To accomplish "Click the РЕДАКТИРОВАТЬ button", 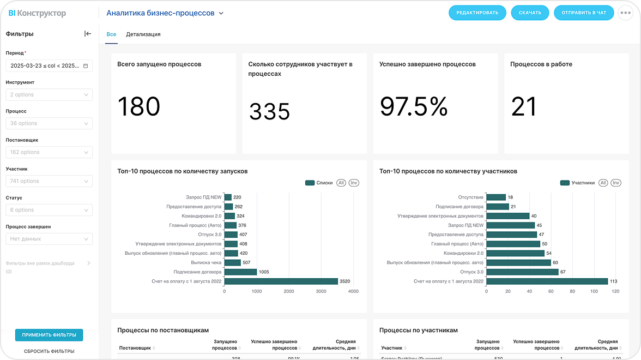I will [x=477, y=13].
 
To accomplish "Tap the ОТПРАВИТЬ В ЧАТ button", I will [x=584, y=13].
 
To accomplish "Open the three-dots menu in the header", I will [x=625, y=13].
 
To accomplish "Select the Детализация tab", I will [x=143, y=34].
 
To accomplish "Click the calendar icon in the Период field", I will [x=86, y=66].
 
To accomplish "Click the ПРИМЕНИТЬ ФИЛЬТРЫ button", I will [x=49, y=335].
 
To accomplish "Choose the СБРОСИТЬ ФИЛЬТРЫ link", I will [x=49, y=351].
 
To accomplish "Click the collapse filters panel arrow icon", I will [x=88, y=34].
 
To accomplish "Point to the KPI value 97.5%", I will [x=413, y=106].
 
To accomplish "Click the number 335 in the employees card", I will [x=269, y=111].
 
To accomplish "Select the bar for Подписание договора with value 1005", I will [x=240, y=272].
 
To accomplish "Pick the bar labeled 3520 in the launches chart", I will [x=281, y=281].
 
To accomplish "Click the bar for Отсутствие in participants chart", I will [x=496, y=197].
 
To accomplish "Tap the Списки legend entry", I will [x=319, y=183].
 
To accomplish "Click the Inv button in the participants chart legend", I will [x=615, y=183].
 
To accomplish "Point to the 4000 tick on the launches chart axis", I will [x=353, y=291].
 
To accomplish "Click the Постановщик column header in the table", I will [x=135, y=348].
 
